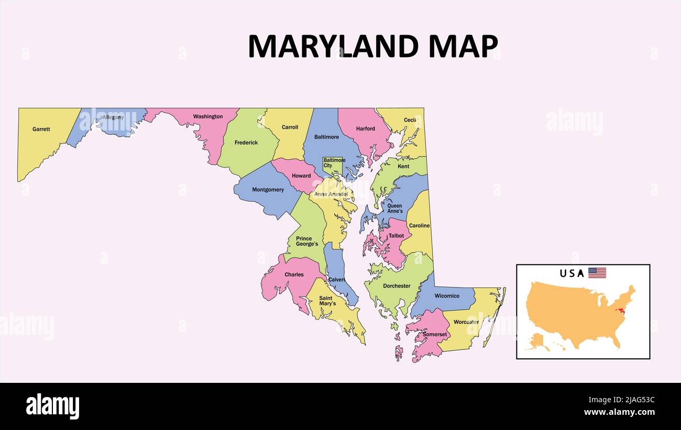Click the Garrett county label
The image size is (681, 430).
pyautogui.click(x=41, y=129)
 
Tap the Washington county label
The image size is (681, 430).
pyautogui.click(x=208, y=116)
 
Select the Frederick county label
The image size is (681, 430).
pyautogui.click(x=246, y=142)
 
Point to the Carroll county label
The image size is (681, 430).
pyautogui.click(x=290, y=127)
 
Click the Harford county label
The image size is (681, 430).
pyautogui.click(x=366, y=128)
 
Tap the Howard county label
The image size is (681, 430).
pyautogui.click(x=301, y=175)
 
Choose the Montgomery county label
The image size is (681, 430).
pyautogui.click(x=268, y=190)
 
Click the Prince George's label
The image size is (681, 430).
pyautogui.click(x=307, y=241)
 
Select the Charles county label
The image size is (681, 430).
pyautogui.click(x=294, y=274)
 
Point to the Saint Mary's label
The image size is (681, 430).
pyautogui.click(x=326, y=301)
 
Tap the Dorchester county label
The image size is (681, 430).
pyautogui.click(x=397, y=286)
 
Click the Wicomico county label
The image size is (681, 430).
pyautogui.click(x=447, y=296)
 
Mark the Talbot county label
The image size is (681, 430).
pyautogui.click(x=396, y=236)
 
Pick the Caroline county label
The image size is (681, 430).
pyautogui.click(x=419, y=226)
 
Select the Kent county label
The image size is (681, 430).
pyautogui.click(x=403, y=167)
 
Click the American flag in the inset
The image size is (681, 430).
pyautogui.click(x=597, y=273)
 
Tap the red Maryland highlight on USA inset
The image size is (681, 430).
pyautogui.click(x=622, y=312)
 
